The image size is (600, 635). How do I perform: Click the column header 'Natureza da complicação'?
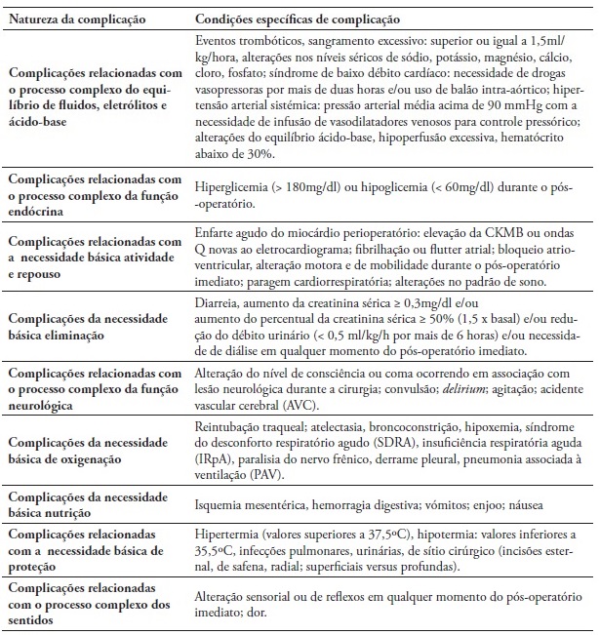coord(75,19)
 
